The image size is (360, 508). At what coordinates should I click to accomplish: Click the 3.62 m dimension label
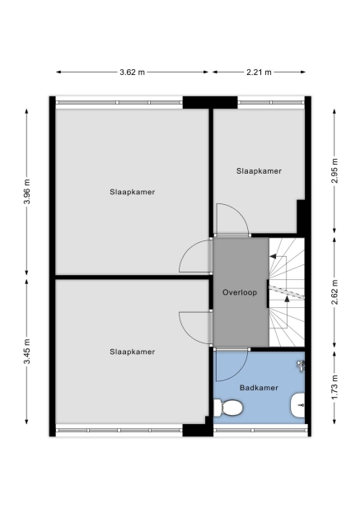click(132, 72)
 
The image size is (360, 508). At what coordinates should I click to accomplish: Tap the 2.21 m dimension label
click(259, 72)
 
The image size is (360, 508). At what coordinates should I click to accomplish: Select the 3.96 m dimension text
click(27, 192)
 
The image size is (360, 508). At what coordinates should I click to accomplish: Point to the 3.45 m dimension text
click(27, 352)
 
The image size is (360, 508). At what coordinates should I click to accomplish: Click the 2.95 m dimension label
click(334, 170)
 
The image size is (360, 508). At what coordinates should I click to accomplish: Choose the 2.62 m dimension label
click(334, 292)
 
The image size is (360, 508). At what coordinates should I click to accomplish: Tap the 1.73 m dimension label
click(334, 387)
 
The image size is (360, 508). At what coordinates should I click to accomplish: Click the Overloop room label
click(240, 292)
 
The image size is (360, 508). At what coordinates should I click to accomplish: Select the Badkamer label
click(259, 388)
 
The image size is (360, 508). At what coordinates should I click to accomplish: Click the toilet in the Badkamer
click(228, 408)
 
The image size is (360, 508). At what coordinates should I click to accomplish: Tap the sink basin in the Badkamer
click(297, 405)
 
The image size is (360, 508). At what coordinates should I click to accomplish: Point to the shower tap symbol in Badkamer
click(301, 366)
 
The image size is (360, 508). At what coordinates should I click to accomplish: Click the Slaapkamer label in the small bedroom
click(259, 171)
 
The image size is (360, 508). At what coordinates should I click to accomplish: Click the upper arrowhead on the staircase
click(273, 256)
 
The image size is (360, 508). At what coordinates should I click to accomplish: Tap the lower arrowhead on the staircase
click(287, 299)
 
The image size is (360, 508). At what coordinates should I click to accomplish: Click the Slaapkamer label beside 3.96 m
click(132, 192)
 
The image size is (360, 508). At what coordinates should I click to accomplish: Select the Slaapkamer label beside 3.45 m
click(132, 352)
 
